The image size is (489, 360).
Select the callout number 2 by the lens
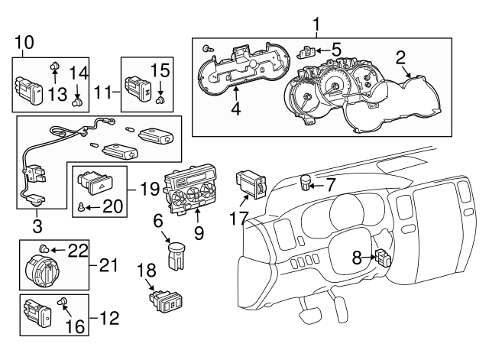(x=400, y=55)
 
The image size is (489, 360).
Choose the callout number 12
(x=110, y=318)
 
